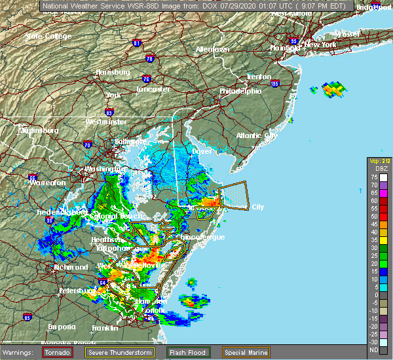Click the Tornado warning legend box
coord(58,352)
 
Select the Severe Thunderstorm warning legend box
coord(134,352)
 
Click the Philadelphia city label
coord(240,91)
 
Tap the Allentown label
coord(212,50)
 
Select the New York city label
coord(320,45)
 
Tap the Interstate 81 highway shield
coord(136,43)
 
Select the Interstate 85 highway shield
coord(27,317)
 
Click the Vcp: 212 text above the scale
coord(379,160)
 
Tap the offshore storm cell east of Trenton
coord(334,89)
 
